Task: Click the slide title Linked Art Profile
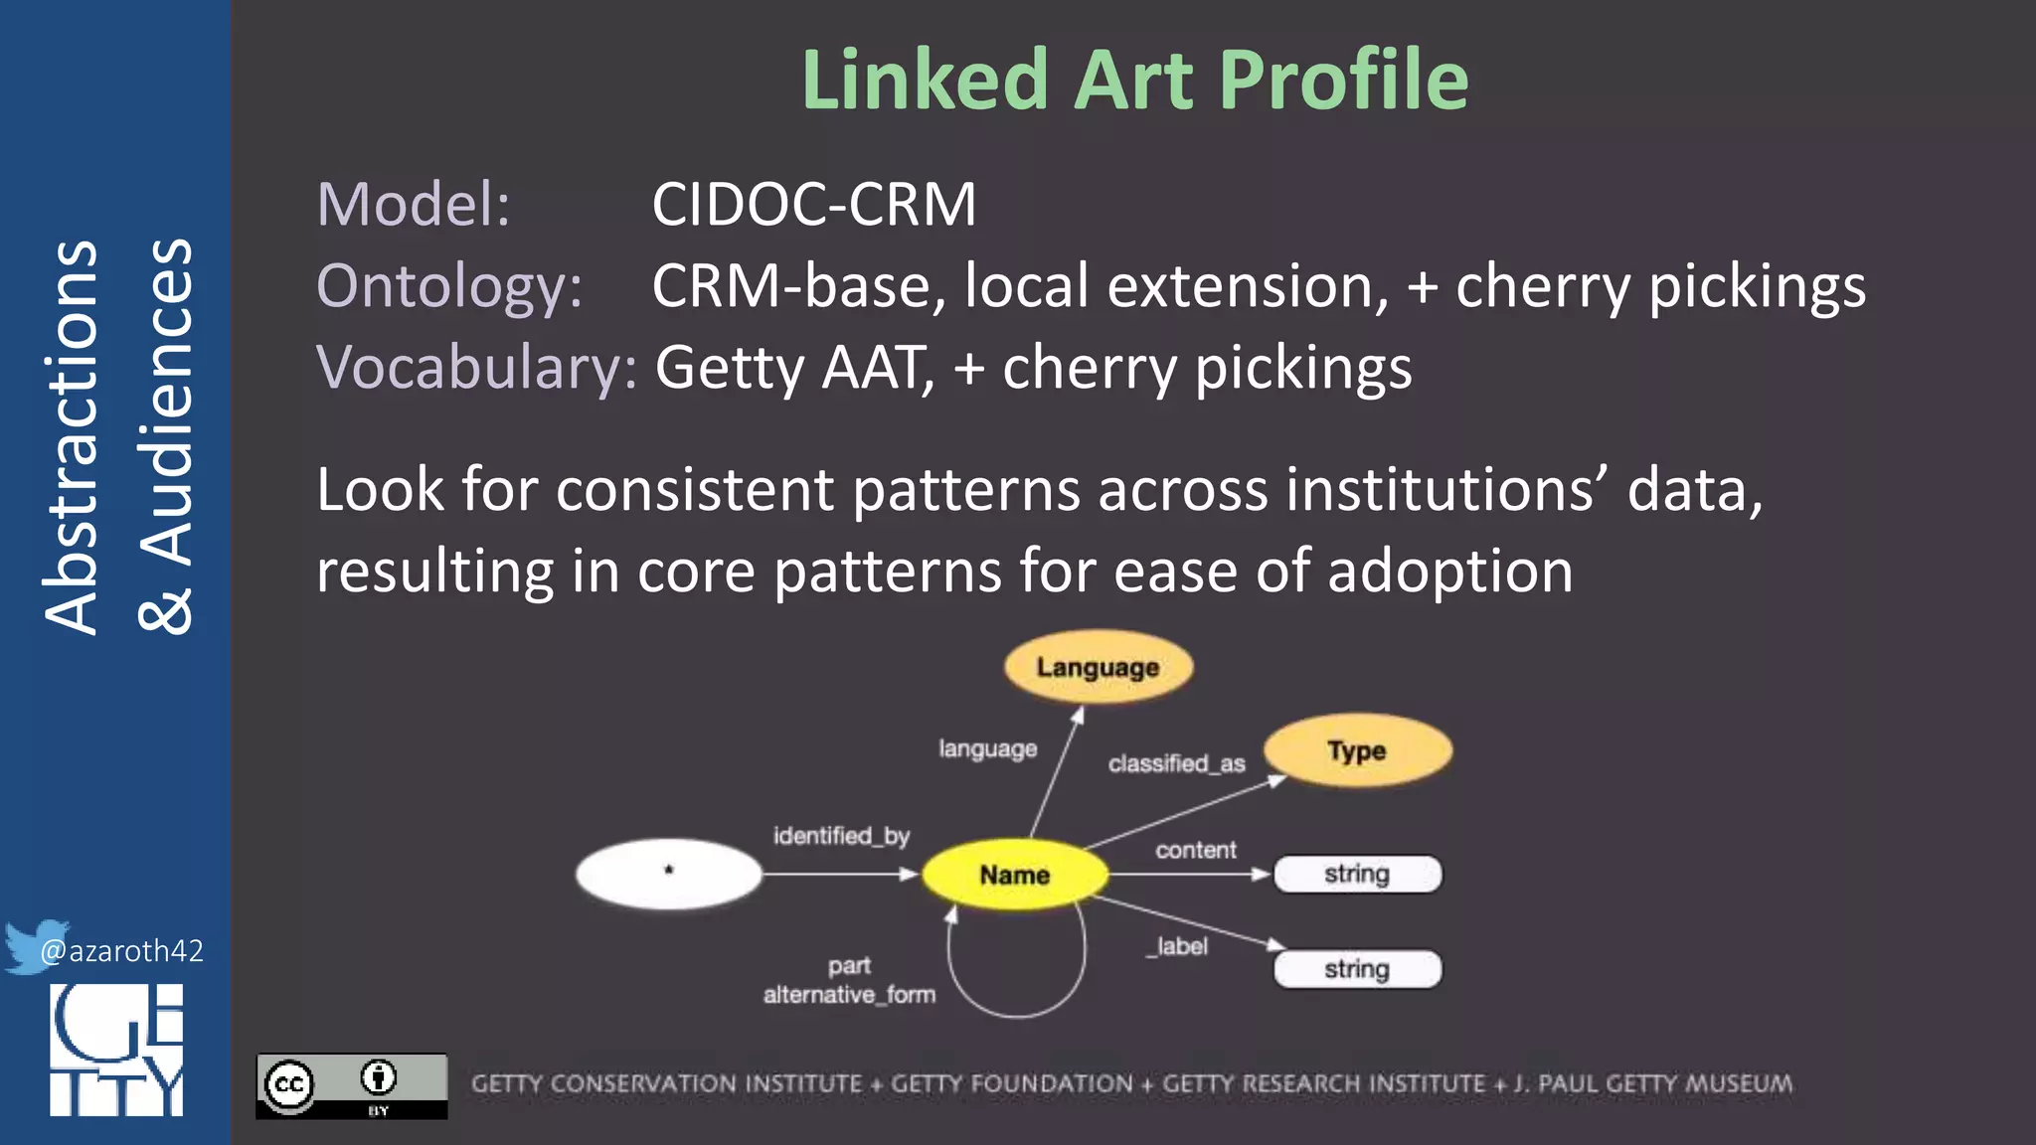click(x=1134, y=80)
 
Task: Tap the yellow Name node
click(x=1014, y=875)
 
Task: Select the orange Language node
click(x=1098, y=667)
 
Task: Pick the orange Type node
click(x=1356, y=750)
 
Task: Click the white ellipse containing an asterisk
click(x=668, y=874)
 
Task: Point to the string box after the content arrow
click(x=1357, y=875)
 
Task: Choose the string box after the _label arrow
click(x=1357, y=969)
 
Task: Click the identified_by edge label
click(x=841, y=836)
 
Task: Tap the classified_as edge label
click(x=1176, y=763)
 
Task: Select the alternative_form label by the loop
click(x=849, y=995)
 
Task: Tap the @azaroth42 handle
click(x=121, y=951)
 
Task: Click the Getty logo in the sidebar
click(x=116, y=1050)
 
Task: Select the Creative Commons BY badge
click(x=351, y=1085)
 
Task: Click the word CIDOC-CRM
click(x=813, y=205)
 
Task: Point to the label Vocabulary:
click(x=476, y=368)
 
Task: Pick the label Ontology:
click(x=449, y=286)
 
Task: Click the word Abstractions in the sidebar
click(x=72, y=437)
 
